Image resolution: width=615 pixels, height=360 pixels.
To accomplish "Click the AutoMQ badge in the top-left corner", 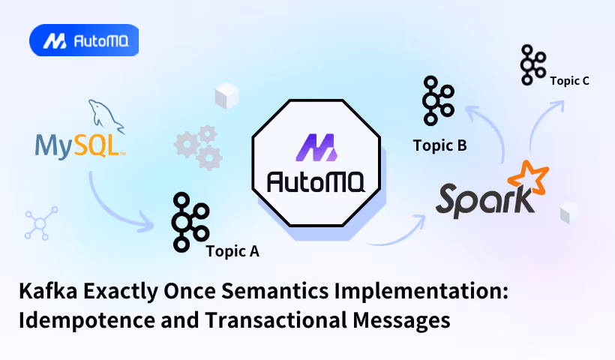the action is [83, 41].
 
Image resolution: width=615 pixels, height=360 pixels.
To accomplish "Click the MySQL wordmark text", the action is [78, 145].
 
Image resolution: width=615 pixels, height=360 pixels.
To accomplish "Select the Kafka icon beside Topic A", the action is [188, 221].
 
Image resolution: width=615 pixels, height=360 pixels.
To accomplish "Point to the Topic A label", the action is [232, 251].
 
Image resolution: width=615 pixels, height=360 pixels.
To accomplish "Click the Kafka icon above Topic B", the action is [438, 100].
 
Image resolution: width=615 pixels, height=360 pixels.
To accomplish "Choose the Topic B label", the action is [439, 145].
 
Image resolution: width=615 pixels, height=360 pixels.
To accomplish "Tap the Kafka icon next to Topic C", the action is [532, 64].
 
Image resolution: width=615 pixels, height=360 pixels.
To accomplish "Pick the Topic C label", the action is [569, 80].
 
